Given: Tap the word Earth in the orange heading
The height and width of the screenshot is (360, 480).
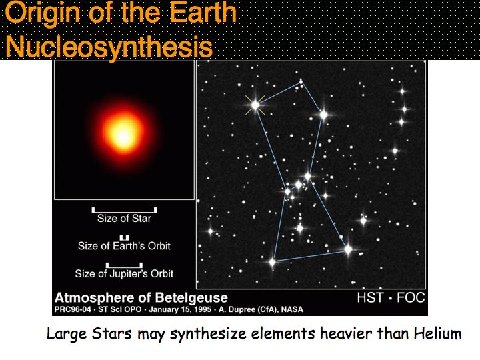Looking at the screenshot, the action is pos(203,13).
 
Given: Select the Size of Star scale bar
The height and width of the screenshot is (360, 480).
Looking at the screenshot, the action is pos(124,210).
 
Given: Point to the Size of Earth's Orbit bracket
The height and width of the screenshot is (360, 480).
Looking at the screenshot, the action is pos(124,237).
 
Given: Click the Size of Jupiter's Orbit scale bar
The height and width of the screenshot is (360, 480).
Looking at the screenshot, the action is pos(124,265).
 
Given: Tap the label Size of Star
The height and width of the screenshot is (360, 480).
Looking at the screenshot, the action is pos(124,219).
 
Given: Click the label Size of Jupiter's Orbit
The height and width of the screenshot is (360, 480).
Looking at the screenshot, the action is pos(124,273).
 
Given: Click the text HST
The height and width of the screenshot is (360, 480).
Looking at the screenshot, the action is pos(370,297).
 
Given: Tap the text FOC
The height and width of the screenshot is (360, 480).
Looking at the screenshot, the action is pos(411,297).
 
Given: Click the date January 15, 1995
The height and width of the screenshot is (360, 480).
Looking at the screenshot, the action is pos(180,309).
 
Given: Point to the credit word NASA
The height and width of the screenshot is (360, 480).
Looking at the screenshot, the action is pos(292,309).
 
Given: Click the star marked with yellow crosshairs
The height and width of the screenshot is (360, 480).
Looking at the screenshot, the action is pos(255,105).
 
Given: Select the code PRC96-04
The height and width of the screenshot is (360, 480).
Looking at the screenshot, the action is pos(73,309).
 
